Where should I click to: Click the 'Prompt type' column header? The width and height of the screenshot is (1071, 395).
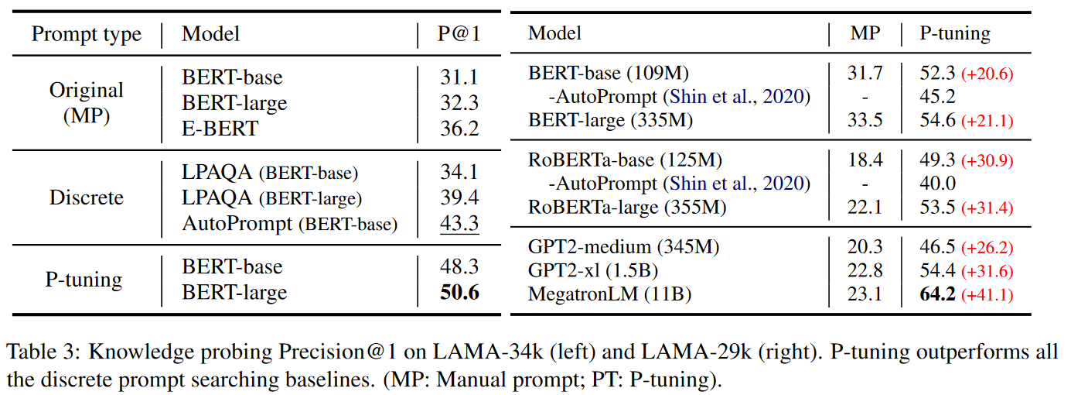pyautogui.click(x=87, y=34)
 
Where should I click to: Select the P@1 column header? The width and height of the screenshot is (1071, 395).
pyautogui.click(x=459, y=34)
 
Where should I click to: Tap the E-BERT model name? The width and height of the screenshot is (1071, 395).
pyautogui.click(x=220, y=128)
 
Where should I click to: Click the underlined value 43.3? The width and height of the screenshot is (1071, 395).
pyautogui.click(x=459, y=223)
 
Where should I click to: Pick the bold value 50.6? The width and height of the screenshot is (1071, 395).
pyautogui.click(x=459, y=292)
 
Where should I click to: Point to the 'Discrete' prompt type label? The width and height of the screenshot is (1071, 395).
pyautogui.click(x=87, y=197)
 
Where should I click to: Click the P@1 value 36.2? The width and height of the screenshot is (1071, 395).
pyautogui.click(x=459, y=128)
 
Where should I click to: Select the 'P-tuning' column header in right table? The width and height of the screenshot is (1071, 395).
pyautogui.click(x=954, y=33)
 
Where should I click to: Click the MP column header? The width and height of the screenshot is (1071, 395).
pyautogui.click(x=865, y=33)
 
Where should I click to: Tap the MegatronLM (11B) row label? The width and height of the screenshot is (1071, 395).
pyautogui.click(x=609, y=294)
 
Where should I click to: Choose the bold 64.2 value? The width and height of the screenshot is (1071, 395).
pyautogui.click(x=937, y=294)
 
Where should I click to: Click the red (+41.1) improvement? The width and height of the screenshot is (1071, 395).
pyautogui.click(x=987, y=295)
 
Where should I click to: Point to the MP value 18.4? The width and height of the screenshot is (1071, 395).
pyautogui.click(x=865, y=160)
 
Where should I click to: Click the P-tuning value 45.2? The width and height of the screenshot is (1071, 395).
pyautogui.click(x=936, y=97)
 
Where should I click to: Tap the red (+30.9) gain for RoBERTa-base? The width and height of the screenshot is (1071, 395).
pyautogui.click(x=987, y=161)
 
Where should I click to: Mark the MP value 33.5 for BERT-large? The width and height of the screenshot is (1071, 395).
pyautogui.click(x=865, y=120)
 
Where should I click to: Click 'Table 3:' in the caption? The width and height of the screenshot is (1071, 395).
pyautogui.click(x=40, y=353)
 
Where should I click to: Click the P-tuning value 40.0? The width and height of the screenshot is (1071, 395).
pyautogui.click(x=936, y=184)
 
